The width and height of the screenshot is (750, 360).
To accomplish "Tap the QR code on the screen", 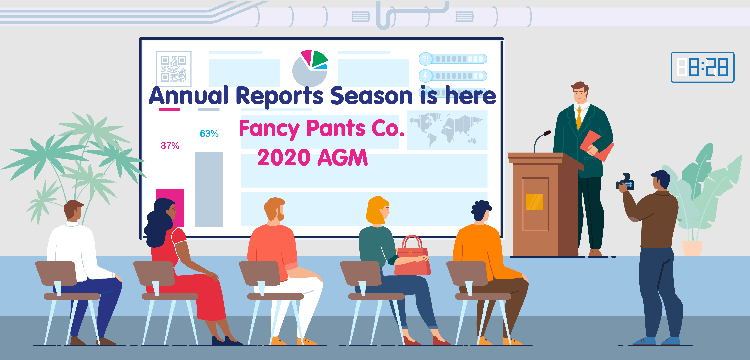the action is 174,69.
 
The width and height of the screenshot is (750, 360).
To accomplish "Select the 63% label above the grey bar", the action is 209,134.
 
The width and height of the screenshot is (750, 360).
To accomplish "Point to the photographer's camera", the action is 625,183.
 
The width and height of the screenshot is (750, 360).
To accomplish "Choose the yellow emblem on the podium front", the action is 535,202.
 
